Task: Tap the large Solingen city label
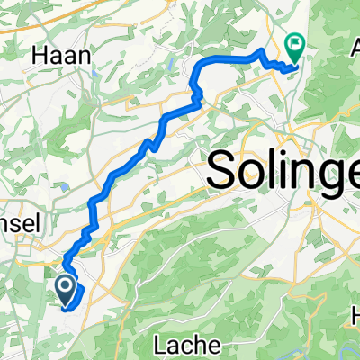pyautogui.click(x=283, y=171)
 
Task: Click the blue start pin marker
pyautogui.click(x=66, y=290)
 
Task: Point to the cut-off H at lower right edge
pyautogui.click(x=355, y=316)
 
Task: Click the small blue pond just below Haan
pyautogui.click(x=90, y=79)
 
